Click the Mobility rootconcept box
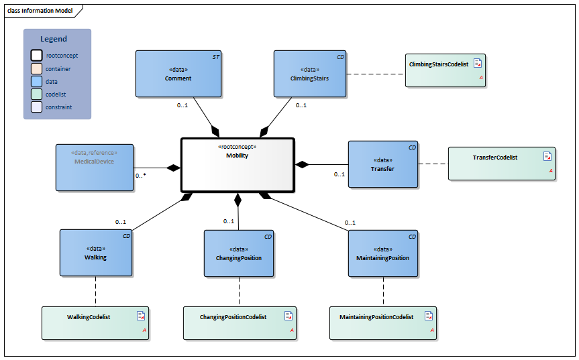coord(238,164)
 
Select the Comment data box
coord(178,74)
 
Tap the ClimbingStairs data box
coord(309,74)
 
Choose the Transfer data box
coord(382,164)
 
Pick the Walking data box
coord(95,253)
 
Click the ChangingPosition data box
coord(239,253)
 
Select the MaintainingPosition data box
coord(383,253)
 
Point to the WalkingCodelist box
coord(95,323)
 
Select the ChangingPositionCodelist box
coord(240,323)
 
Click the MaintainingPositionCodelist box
coord(383,323)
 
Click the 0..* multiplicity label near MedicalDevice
coord(141,176)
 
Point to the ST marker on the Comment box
coord(215,58)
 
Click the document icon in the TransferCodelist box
coord(547,156)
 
